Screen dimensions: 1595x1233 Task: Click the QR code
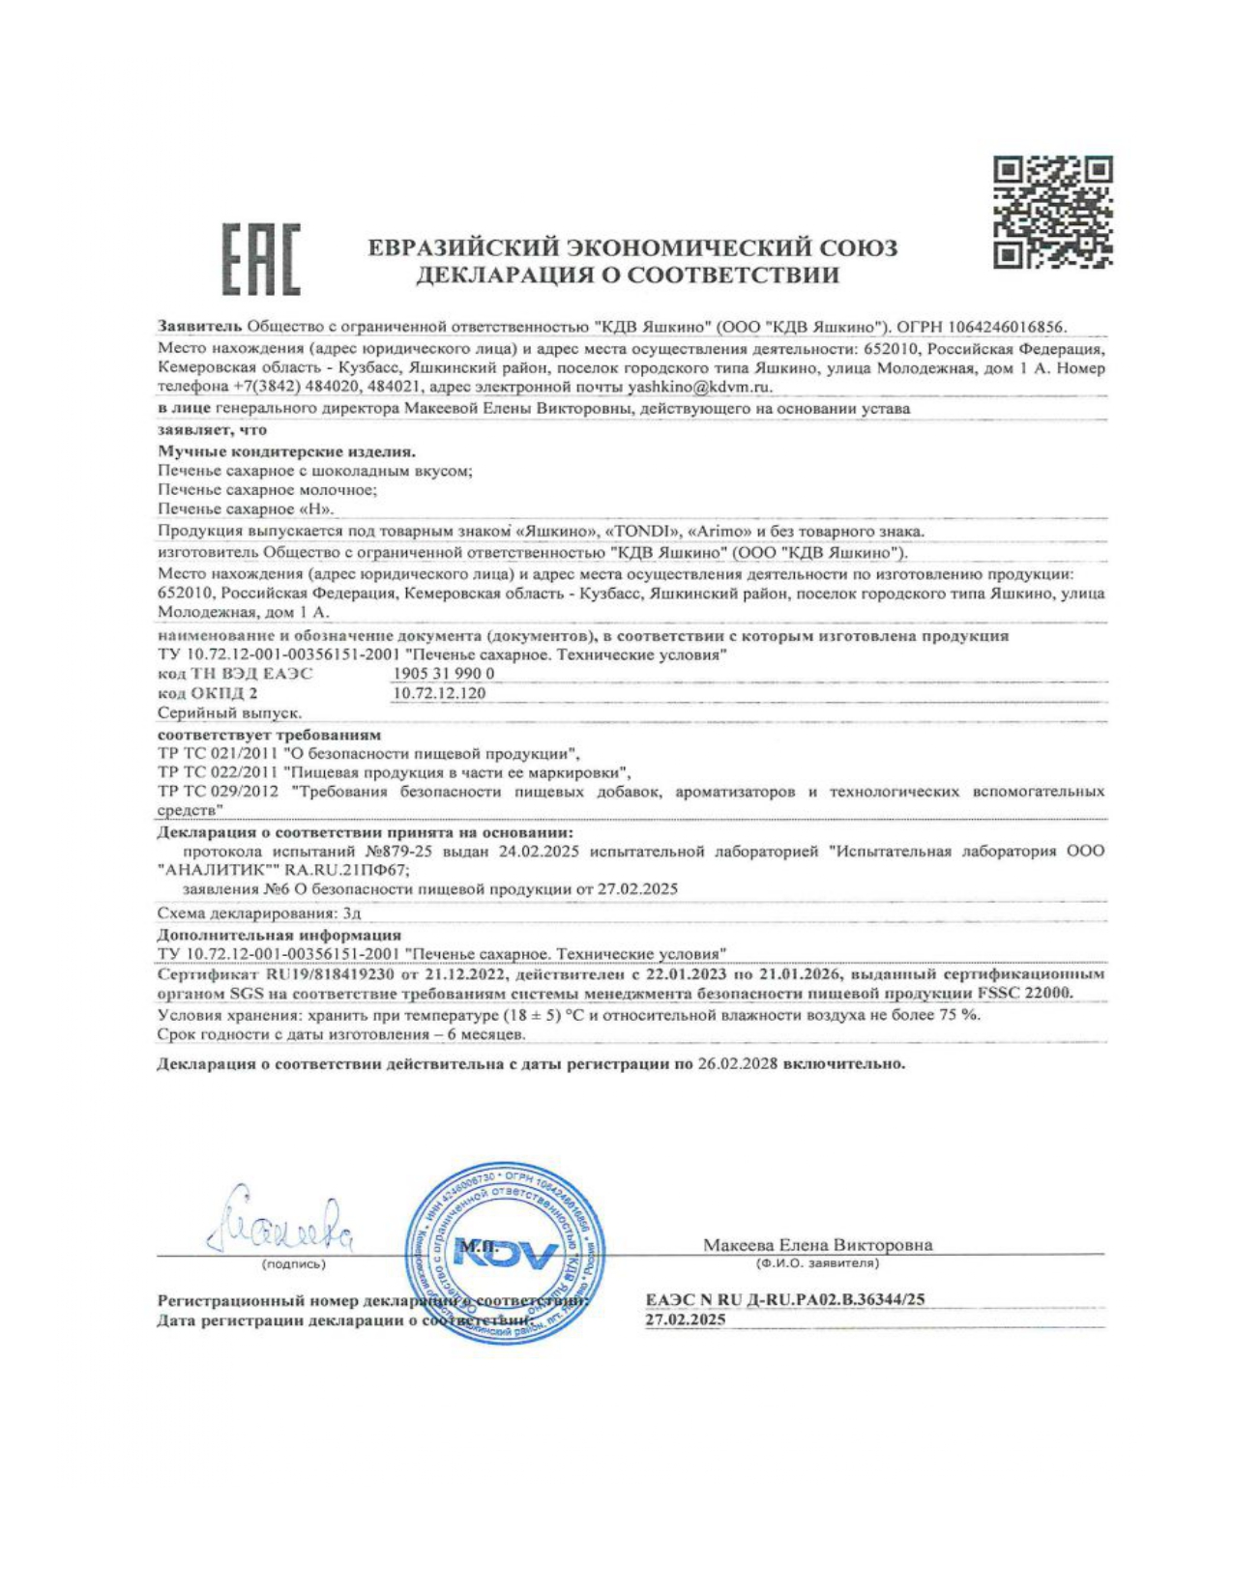[1053, 212]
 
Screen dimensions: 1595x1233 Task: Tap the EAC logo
[261, 259]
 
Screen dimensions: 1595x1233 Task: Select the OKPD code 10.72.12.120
[439, 692]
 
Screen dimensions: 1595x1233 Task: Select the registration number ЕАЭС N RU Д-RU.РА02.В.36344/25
[784, 1299]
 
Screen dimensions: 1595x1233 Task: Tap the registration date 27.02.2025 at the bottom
[685, 1319]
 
